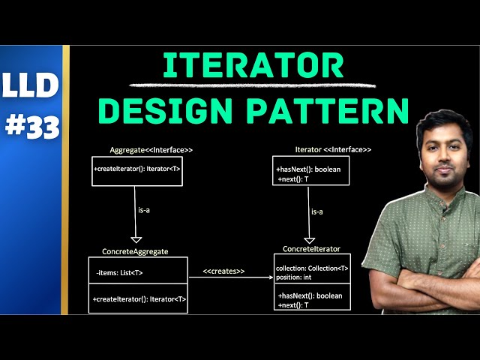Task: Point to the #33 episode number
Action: tap(30, 128)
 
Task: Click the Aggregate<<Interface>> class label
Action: tap(140, 150)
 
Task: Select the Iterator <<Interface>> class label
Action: tap(323, 150)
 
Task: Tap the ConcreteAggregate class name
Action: tap(135, 251)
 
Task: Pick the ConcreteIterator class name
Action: tap(311, 249)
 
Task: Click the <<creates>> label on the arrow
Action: tap(223, 271)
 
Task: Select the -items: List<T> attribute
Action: tap(120, 272)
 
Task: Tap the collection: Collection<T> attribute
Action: tap(312, 268)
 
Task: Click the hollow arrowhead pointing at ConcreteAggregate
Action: tap(136, 239)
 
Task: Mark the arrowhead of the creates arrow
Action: tap(271, 277)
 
